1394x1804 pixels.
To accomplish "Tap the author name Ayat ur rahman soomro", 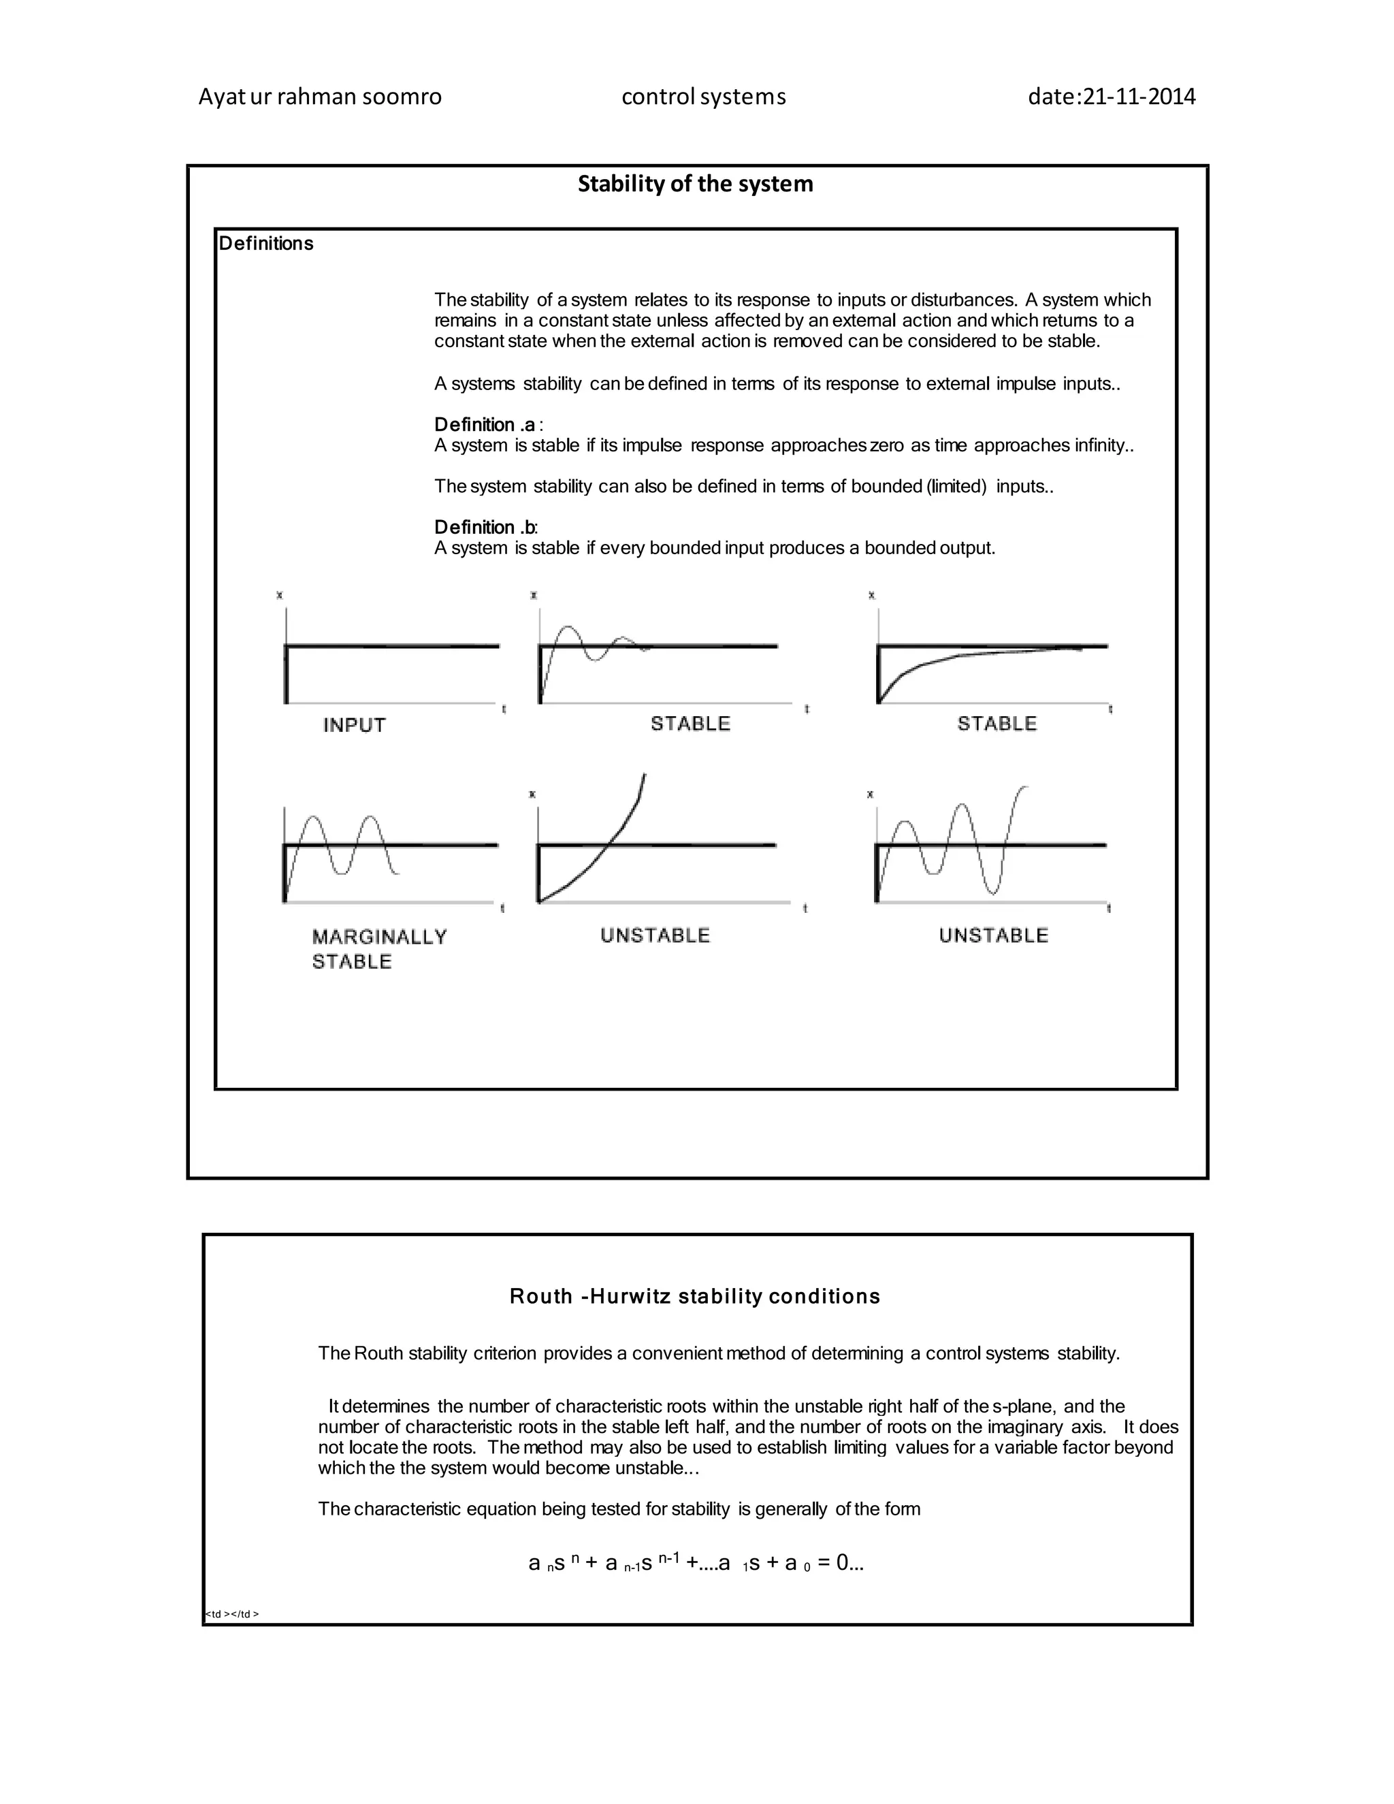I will (x=320, y=97).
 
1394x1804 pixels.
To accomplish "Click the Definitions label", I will (x=266, y=244).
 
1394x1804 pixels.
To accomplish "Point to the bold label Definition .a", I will (x=485, y=425).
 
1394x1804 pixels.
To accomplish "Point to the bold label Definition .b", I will (x=485, y=527).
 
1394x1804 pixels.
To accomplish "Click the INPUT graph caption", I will (x=354, y=725).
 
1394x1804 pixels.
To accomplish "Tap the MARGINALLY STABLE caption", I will (x=379, y=948).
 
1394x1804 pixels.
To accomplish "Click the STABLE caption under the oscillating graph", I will (x=690, y=724).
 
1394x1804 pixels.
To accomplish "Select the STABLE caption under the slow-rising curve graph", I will (x=996, y=724).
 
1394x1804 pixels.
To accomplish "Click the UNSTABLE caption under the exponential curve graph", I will (x=655, y=935).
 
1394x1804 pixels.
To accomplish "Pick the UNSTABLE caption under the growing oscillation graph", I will (x=994, y=935).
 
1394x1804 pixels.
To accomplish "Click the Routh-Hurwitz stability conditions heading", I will (x=694, y=1296).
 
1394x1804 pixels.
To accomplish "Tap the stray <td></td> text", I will (x=232, y=1614).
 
